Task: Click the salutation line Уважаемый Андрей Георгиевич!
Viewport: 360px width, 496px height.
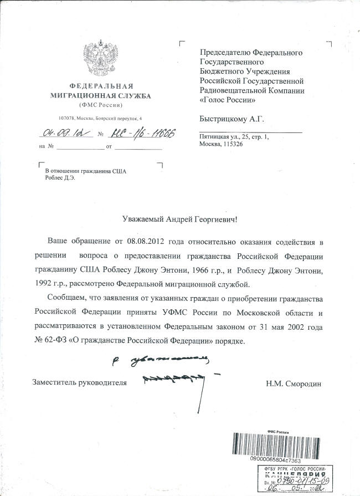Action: click(x=179, y=219)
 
